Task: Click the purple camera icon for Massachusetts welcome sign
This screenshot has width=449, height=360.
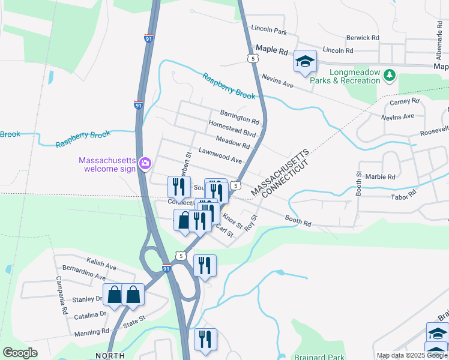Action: point(145,163)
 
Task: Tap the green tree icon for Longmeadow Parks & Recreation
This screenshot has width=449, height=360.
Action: point(391,75)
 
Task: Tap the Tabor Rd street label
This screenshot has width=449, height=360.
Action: point(403,196)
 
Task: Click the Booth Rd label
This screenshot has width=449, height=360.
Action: point(298,221)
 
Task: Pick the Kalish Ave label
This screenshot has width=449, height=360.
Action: point(101,264)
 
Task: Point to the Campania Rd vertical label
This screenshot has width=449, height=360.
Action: point(60,296)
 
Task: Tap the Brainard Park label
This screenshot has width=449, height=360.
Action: point(319,357)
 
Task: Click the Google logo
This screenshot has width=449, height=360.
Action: point(20,353)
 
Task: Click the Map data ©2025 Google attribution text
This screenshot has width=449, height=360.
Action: point(411,355)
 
